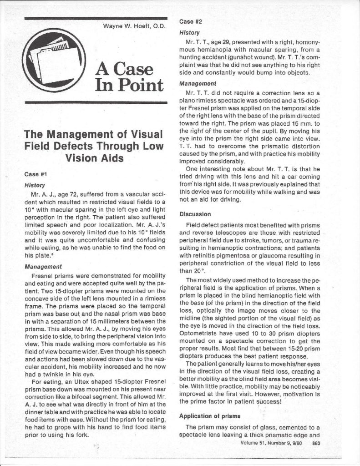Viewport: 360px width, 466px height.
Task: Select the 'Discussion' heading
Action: pos(197,213)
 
